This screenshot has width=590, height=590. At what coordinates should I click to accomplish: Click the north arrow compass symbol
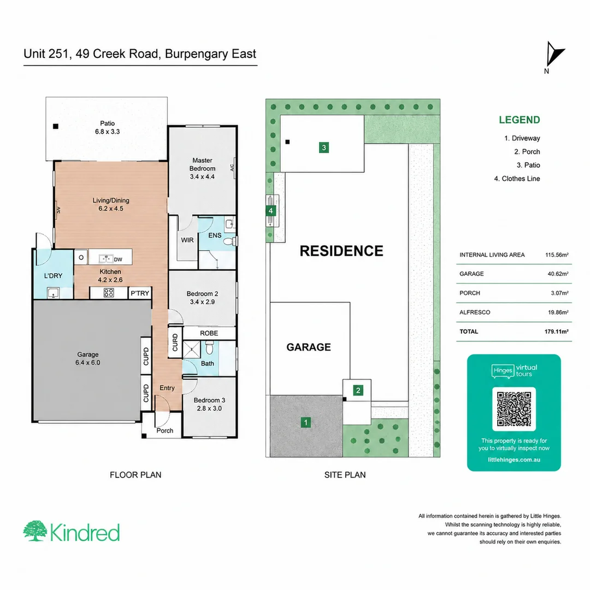coord(554,55)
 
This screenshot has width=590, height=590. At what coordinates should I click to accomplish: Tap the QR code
coord(514,409)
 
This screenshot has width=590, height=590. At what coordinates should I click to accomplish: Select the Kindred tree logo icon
coord(35,531)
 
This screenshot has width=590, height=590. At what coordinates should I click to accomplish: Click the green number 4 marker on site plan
coord(270,211)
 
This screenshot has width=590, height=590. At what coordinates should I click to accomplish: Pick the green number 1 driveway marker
coord(305,422)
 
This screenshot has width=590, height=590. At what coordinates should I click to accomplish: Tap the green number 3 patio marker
coord(324,147)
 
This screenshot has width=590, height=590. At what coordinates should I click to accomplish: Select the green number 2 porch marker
coord(358,391)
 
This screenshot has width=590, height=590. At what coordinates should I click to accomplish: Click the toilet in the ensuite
coord(229,241)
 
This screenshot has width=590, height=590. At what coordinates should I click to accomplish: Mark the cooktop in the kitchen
coord(109,293)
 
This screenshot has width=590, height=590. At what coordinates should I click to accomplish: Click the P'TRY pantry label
coord(140,293)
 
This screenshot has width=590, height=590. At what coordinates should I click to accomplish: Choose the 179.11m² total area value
coord(557,332)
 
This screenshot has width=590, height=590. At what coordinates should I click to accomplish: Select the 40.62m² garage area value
coord(558,274)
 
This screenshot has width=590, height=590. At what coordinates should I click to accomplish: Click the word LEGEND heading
coord(520,120)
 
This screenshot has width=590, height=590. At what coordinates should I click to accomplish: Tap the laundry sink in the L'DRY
coord(54,292)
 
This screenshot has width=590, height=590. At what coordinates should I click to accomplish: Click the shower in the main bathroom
coord(192,350)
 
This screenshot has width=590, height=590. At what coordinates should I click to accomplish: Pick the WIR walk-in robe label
coord(187,240)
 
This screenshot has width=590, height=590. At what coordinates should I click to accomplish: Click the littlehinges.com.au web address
coord(514,459)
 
